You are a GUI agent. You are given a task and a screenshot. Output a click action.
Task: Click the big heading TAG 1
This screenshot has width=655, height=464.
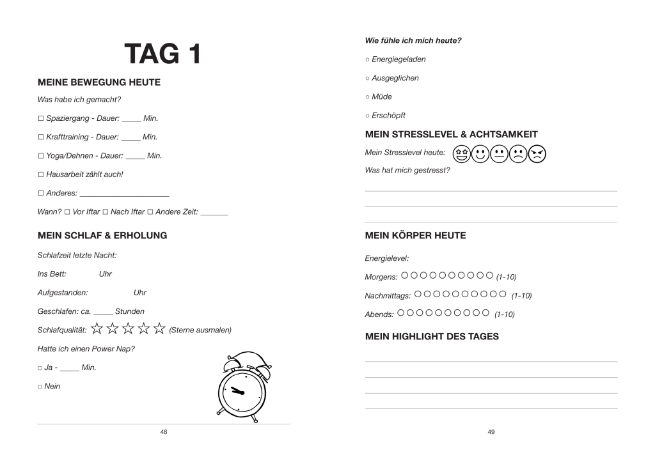162,54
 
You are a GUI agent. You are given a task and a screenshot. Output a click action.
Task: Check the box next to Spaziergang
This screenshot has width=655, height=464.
40,119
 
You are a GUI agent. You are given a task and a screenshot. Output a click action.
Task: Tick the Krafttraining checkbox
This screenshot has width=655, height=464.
40,137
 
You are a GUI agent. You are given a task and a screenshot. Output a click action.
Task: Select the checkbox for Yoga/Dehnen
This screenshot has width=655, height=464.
40,156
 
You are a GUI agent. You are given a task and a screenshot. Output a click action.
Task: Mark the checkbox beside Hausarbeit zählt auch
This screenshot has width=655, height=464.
40,174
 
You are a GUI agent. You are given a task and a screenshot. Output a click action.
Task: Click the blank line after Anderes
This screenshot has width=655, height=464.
125,194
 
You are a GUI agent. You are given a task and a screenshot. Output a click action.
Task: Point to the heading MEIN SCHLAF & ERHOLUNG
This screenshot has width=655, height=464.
102,235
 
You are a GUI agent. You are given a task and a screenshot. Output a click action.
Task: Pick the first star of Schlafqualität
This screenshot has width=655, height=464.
97,329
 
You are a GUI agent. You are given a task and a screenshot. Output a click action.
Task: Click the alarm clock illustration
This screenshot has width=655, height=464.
242,387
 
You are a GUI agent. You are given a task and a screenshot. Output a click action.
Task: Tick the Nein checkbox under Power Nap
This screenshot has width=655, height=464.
40,387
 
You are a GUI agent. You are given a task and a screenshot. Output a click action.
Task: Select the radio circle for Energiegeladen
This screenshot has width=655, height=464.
367,59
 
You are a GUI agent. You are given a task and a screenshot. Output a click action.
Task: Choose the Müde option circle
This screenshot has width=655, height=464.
367,97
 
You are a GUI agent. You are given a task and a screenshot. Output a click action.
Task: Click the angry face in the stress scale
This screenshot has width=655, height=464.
538,153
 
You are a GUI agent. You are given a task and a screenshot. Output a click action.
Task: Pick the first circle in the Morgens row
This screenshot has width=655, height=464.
405,276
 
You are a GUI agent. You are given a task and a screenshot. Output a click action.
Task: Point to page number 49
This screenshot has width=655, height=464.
491,432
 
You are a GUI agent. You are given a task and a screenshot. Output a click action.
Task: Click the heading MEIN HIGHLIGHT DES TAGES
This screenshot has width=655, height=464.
432,336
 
